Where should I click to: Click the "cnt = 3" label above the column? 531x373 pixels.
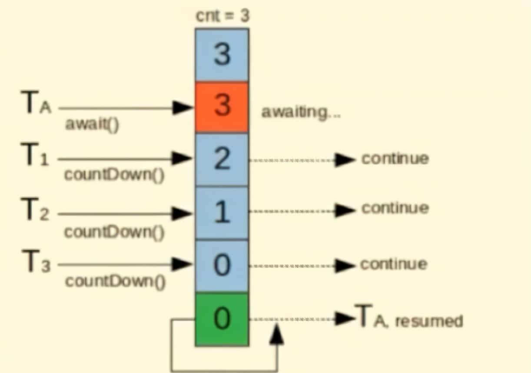[x=222, y=17]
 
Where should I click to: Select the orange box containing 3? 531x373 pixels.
[x=222, y=107]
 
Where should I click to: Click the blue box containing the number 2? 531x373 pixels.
[x=222, y=160]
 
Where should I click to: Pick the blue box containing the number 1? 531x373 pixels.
[x=222, y=213]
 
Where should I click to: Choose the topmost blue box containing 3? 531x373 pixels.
[x=222, y=55]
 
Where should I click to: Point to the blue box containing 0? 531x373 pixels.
[x=222, y=266]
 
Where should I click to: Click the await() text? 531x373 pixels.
[x=92, y=125]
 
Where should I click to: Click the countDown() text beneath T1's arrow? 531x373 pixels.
[x=114, y=176]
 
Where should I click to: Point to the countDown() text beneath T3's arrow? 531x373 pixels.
[x=115, y=282]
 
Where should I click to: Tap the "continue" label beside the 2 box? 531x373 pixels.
[x=395, y=159]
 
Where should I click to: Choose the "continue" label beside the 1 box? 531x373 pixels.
[x=395, y=209]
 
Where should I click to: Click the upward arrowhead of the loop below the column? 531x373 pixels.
[x=276, y=335]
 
